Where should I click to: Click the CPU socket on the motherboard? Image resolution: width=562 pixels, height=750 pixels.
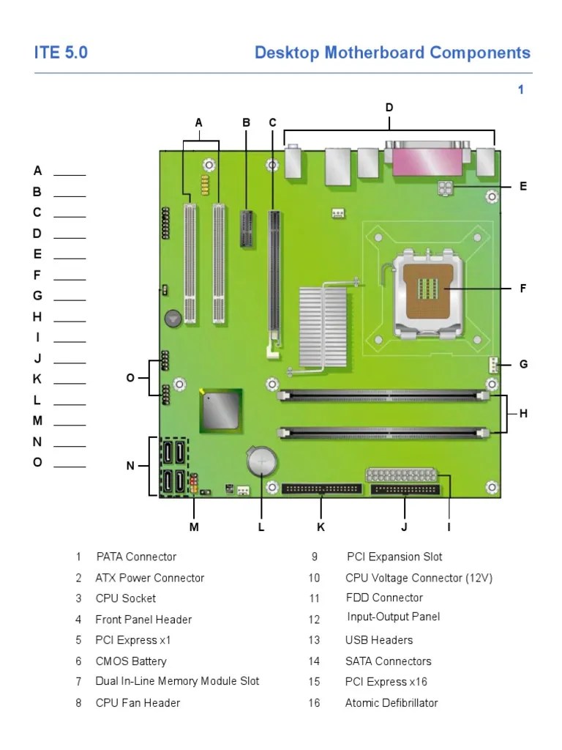coord(426,292)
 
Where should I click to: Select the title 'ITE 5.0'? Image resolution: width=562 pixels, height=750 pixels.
coord(61,53)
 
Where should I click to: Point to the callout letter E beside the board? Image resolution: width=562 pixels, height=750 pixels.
coord(523,187)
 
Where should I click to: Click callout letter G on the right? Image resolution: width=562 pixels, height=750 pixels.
coord(523,364)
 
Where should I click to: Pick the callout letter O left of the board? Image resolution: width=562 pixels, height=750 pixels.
coord(130,378)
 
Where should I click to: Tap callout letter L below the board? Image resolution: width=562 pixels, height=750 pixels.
coord(261,527)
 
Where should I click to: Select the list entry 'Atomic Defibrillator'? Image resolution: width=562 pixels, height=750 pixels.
coord(391,703)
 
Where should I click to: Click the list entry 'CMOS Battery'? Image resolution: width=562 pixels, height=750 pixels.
coord(131,661)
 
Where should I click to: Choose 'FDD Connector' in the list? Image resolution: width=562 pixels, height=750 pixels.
coord(384,598)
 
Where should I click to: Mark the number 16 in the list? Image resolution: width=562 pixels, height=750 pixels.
coord(314,703)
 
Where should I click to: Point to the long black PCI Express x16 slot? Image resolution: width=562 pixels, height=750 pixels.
coord(275,278)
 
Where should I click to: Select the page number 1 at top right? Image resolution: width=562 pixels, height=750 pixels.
coord(521,90)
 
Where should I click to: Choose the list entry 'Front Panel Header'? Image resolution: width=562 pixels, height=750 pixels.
coord(143,620)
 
